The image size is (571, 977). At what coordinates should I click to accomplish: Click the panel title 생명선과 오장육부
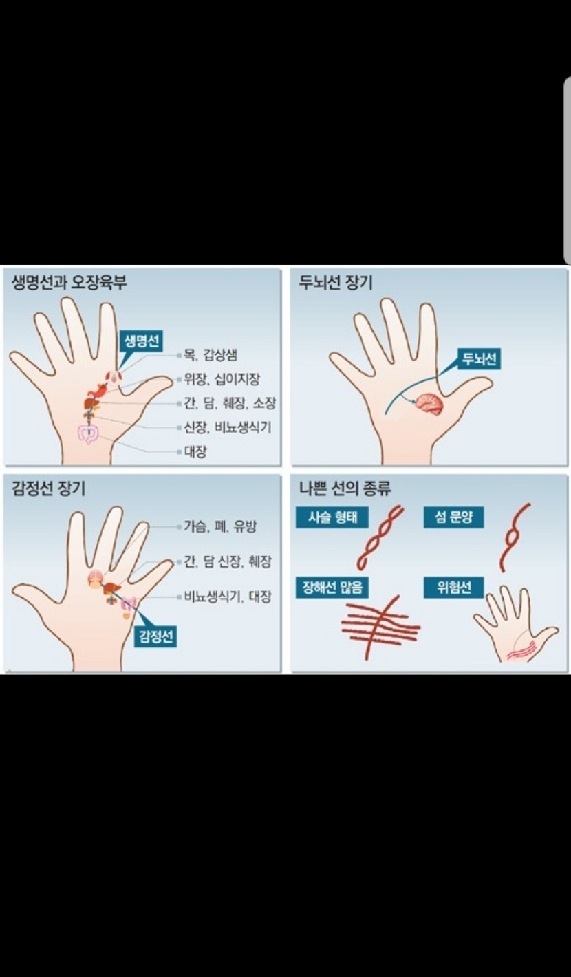(69, 282)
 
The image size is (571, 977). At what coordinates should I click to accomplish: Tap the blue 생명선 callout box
(141, 341)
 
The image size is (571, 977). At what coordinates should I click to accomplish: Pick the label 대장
(195, 451)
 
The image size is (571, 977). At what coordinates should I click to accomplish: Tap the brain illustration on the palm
(429, 405)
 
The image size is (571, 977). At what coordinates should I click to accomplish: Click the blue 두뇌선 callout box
(479, 359)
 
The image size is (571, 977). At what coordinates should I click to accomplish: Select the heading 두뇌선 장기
(336, 282)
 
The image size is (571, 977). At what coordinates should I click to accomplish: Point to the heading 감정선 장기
(48, 488)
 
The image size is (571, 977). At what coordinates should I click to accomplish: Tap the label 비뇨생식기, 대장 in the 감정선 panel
(228, 597)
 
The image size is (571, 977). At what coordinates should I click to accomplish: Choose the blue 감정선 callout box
(155, 637)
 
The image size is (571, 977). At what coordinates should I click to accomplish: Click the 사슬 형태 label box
(332, 517)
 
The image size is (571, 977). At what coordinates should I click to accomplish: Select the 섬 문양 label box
(453, 517)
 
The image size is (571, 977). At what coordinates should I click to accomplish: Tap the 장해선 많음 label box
(332, 588)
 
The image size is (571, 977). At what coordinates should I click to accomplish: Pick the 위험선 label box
(453, 588)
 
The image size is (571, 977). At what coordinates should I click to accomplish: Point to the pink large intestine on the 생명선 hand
(89, 433)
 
